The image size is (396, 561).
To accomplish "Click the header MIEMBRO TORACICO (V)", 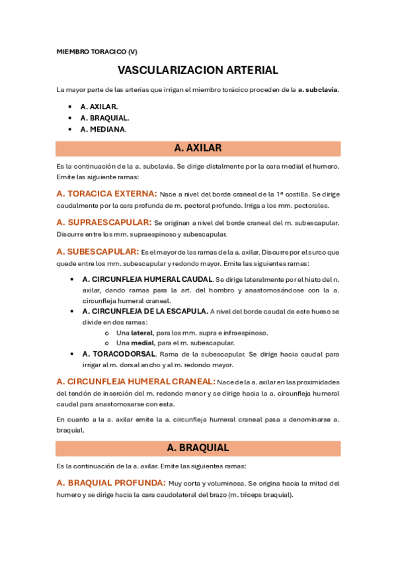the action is (97, 52).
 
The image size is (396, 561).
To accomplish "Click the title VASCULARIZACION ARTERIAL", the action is (198, 70).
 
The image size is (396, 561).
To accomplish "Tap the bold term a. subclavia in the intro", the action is (318, 89).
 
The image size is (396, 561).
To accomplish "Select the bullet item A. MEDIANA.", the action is (102, 130).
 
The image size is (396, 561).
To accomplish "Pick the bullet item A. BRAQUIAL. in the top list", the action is (104, 118).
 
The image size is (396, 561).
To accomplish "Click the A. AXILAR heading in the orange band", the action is (198, 148).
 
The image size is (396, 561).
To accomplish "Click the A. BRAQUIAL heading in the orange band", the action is (198, 448).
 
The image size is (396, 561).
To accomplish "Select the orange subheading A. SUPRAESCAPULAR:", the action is (104, 223).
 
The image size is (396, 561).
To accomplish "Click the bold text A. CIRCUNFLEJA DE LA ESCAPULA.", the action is (145, 311).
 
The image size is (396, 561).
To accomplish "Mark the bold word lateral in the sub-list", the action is (141, 333).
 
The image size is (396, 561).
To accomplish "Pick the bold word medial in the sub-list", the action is (142, 343).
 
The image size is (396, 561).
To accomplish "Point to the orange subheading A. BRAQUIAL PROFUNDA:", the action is (111, 483).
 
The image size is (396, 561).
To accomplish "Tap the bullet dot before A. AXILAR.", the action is (70, 107).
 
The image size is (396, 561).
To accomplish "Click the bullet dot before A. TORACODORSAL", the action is (71, 354).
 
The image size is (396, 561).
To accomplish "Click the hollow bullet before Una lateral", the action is (107, 333).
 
